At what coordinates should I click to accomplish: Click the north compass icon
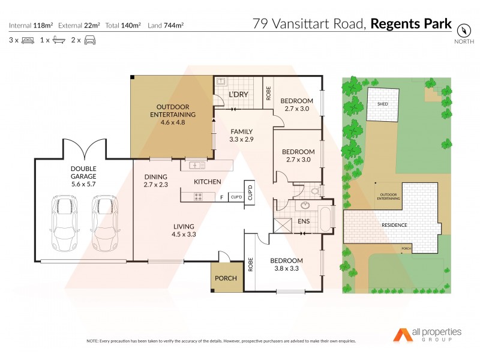click(x=463, y=31)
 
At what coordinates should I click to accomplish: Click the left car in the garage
click(x=65, y=223)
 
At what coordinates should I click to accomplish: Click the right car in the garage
click(x=104, y=223)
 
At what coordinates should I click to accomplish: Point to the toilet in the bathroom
click(x=316, y=191)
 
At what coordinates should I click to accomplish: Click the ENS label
click(x=304, y=222)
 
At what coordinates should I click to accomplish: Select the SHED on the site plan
click(x=383, y=104)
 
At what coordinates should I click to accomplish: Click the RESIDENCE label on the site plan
click(x=394, y=225)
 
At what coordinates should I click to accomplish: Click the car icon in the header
click(x=91, y=40)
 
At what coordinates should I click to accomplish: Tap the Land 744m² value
click(x=166, y=25)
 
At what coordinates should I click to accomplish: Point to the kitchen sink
click(x=197, y=165)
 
